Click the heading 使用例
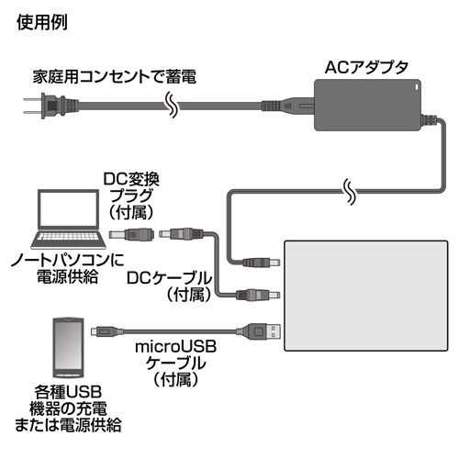coord(42,22)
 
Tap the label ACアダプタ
coord(366,67)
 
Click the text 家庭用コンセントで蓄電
coord(115,77)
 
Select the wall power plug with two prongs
coord(51,106)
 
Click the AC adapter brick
coord(368,105)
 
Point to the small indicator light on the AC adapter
coord(416,87)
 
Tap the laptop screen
coord(69,210)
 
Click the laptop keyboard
coord(68,240)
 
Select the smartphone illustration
coord(68,348)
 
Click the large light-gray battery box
coord(366,296)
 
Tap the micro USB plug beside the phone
coord(103,331)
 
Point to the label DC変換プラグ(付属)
coord(131,196)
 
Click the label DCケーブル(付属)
coord(170,286)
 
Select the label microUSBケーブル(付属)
coord(176,364)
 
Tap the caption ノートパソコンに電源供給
coord(68,268)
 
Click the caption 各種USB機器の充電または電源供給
coord(68,409)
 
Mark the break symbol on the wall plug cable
coord(173,105)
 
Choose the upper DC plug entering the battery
coord(261,263)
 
